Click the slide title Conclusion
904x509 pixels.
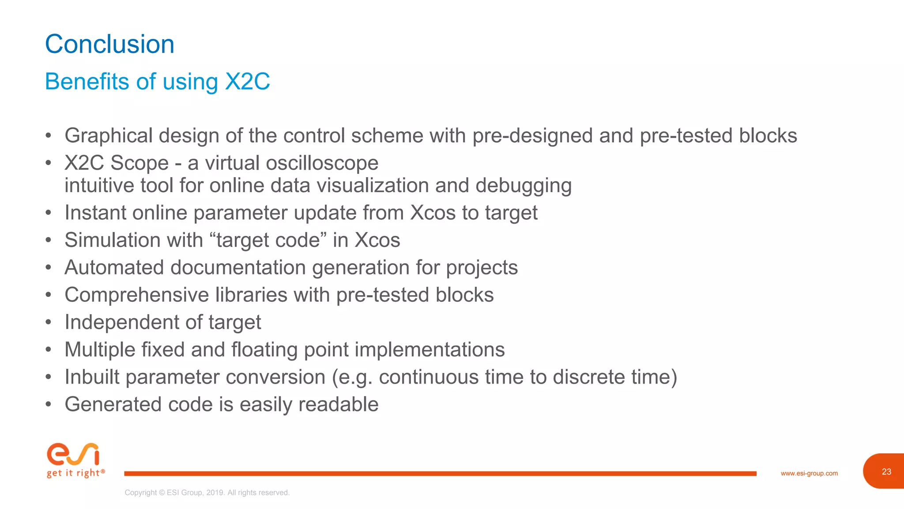(109, 44)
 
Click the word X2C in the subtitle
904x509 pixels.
(247, 82)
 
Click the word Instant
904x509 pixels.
(95, 213)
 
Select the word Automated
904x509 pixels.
(114, 268)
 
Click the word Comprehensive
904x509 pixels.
(137, 295)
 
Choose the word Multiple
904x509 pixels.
(100, 350)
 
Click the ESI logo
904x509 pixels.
(73, 454)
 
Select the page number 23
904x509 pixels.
(886, 471)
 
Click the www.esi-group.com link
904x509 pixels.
(809, 473)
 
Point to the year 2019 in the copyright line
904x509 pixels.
(215, 493)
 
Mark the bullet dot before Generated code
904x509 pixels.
(49, 404)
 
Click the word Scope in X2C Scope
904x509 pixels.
(139, 163)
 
